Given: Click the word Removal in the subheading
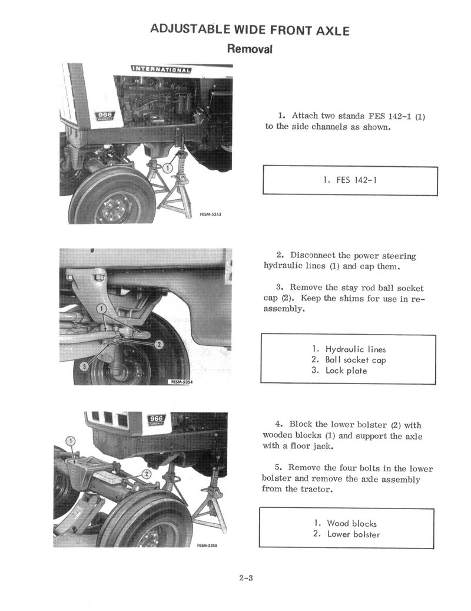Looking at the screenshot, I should [250, 49].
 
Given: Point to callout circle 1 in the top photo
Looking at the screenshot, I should [167, 169].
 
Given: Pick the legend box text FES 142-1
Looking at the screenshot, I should [351, 180].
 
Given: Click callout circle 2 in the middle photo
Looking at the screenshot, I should [159, 345].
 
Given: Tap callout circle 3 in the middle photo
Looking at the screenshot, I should [84, 366].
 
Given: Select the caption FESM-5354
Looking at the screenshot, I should [181, 382].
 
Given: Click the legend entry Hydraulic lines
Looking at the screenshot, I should [356, 349].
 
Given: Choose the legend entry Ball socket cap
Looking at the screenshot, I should [356, 359].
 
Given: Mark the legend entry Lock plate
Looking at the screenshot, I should [346, 371].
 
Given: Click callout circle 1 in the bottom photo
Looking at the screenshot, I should [71, 441].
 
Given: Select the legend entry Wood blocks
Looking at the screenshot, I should [351, 523].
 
